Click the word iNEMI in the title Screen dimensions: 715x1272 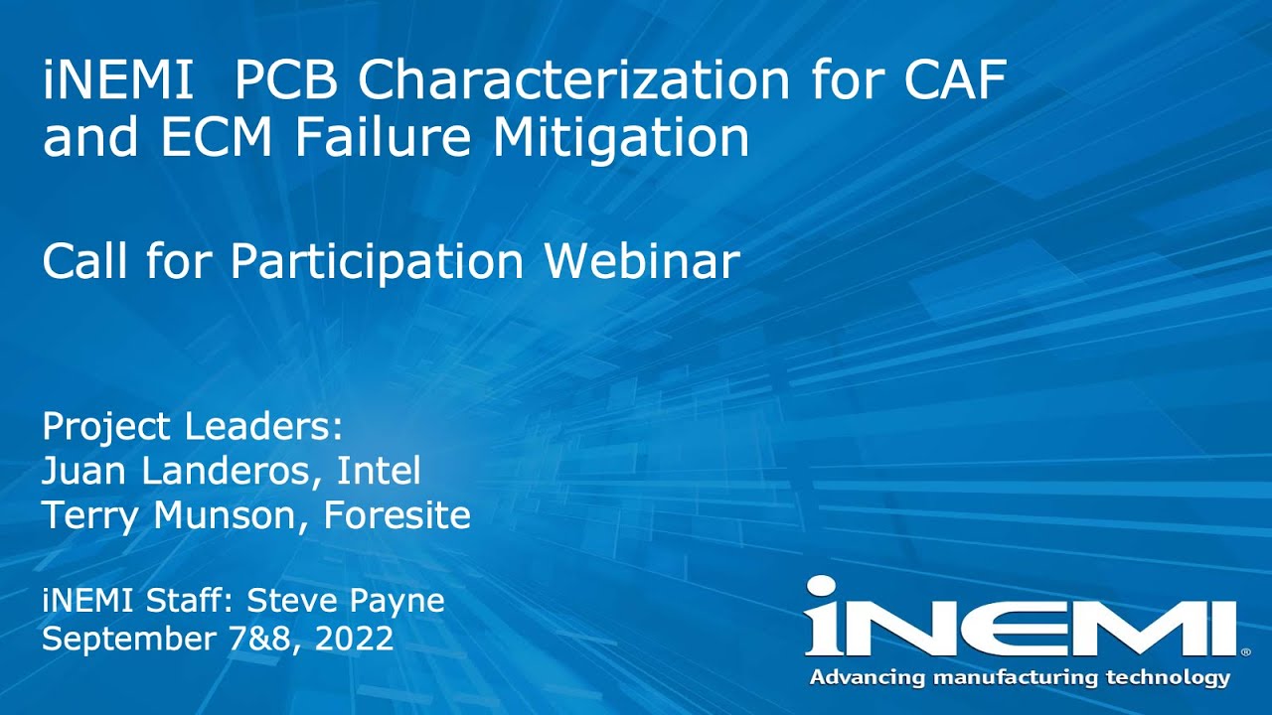click(x=118, y=80)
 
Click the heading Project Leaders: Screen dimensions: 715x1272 click(x=192, y=427)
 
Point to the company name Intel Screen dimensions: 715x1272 click(x=379, y=471)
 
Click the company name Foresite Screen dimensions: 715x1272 click(x=397, y=515)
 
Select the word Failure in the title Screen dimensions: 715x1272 click(x=388, y=137)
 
